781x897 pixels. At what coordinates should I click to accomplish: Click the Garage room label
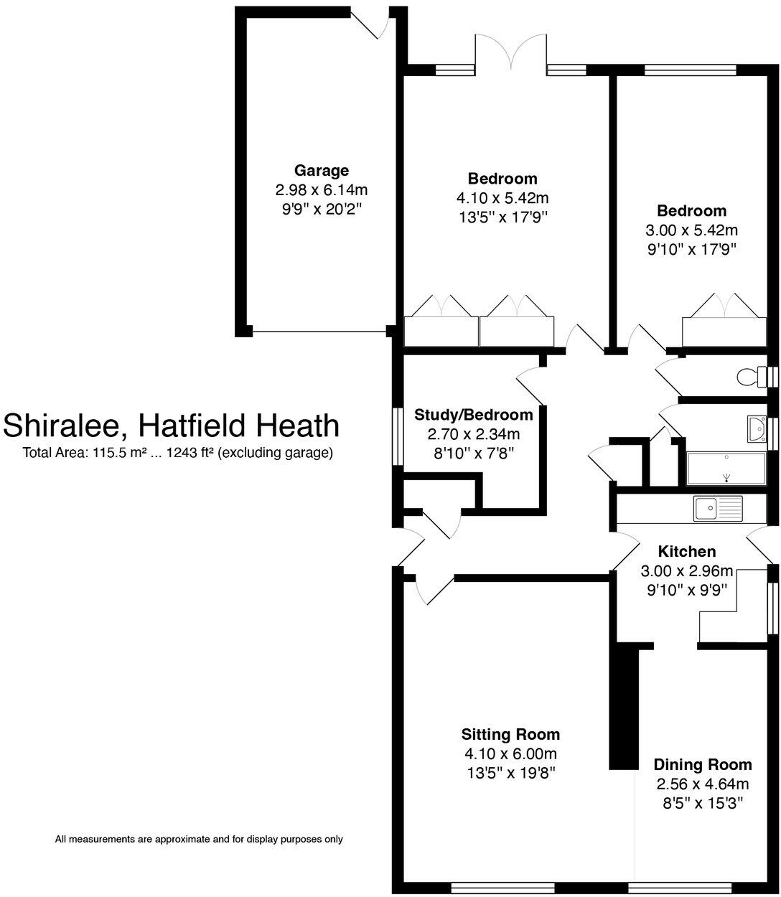(x=321, y=171)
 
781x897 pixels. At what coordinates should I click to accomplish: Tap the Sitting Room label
(x=510, y=734)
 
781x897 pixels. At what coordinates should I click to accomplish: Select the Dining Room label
(x=702, y=764)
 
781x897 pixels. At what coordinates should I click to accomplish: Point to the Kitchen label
(x=686, y=552)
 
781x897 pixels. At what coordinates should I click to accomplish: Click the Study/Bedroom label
(x=474, y=415)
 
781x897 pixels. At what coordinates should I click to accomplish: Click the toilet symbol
(x=751, y=376)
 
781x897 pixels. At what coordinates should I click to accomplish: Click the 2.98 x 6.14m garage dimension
(x=321, y=190)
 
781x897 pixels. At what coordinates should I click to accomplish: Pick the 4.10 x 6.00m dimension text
(x=510, y=753)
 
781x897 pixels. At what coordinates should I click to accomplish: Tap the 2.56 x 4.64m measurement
(x=702, y=784)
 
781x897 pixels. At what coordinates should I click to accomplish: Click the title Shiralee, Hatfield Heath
(x=171, y=426)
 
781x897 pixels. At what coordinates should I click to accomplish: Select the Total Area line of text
(x=177, y=453)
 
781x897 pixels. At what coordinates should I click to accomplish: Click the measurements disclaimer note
(x=199, y=839)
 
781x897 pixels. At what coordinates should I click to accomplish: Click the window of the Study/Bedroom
(x=396, y=437)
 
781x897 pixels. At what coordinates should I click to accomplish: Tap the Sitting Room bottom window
(x=502, y=888)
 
